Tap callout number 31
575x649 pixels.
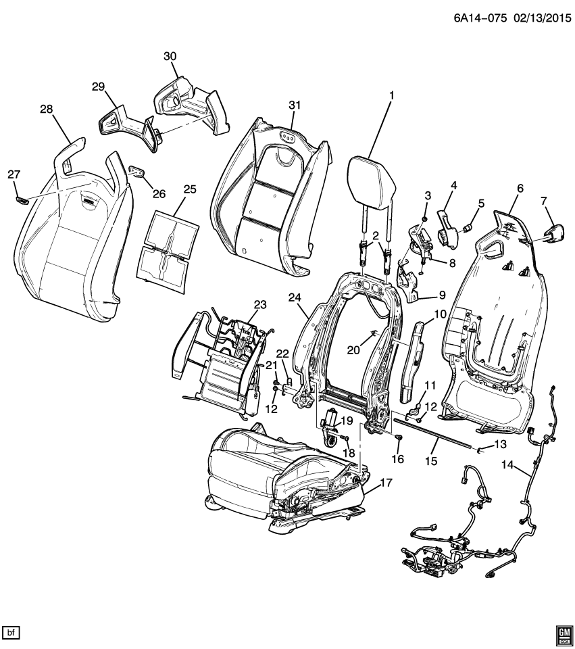pyautogui.click(x=294, y=105)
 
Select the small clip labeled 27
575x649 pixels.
pyautogui.click(x=22, y=199)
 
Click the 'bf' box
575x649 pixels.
pyautogui.click(x=11, y=632)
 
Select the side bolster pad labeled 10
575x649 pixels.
pyautogui.click(x=413, y=358)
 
